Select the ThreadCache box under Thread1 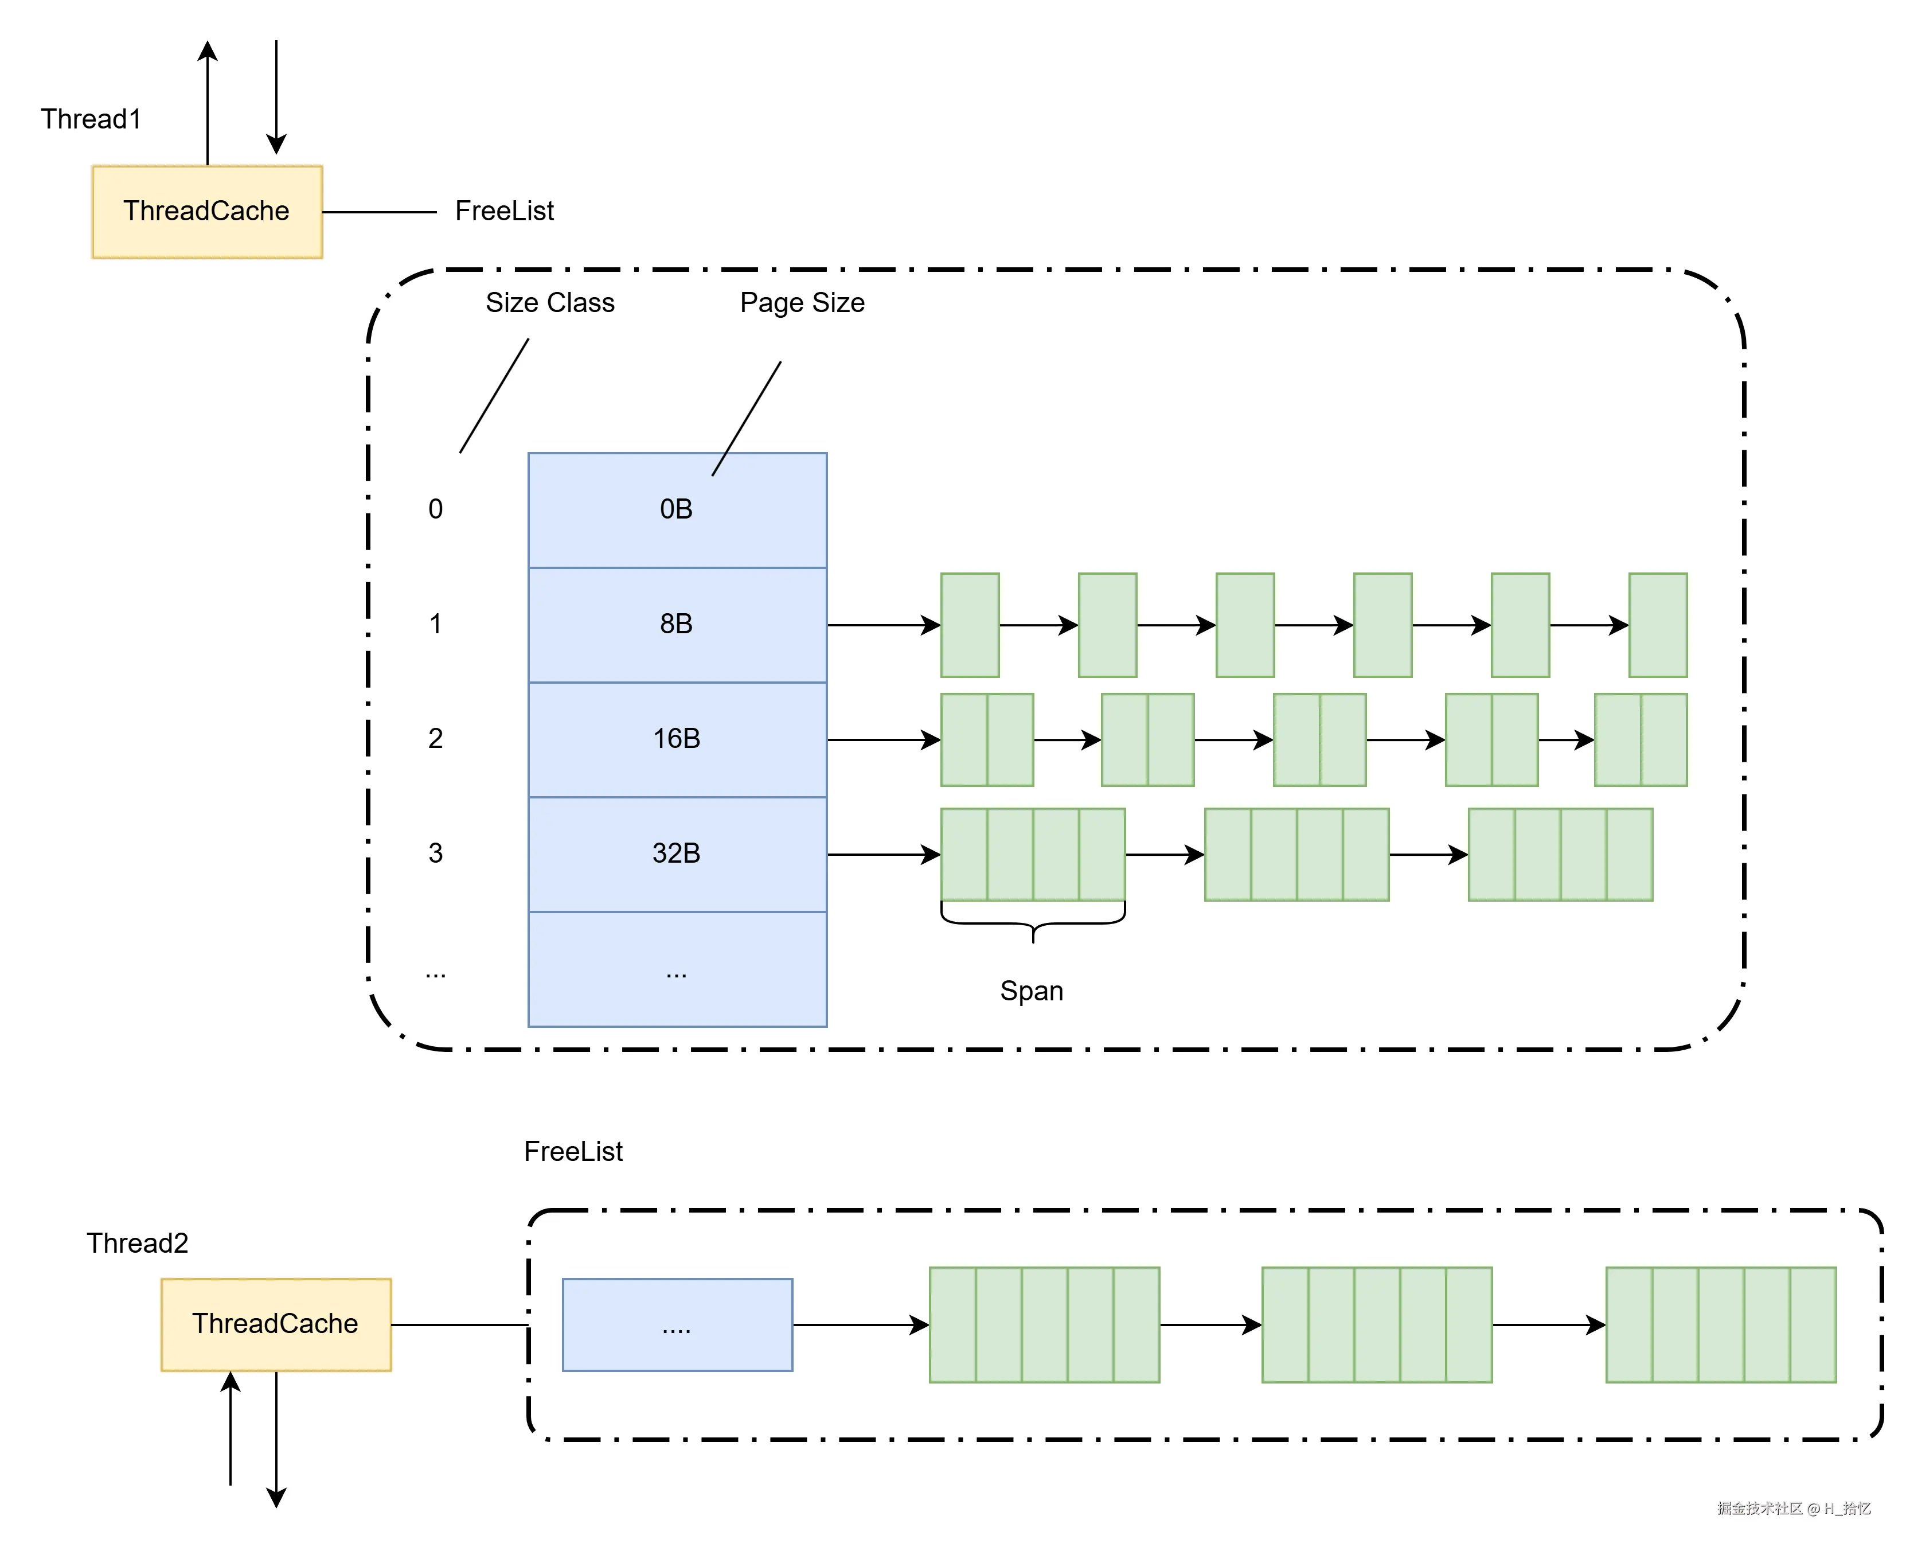tap(206, 212)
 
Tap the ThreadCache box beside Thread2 tap(275, 1324)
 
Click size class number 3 tap(435, 854)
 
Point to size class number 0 tap(435, 509)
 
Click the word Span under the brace tap(1031, 991)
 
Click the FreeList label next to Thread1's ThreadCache tap(504, 212)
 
